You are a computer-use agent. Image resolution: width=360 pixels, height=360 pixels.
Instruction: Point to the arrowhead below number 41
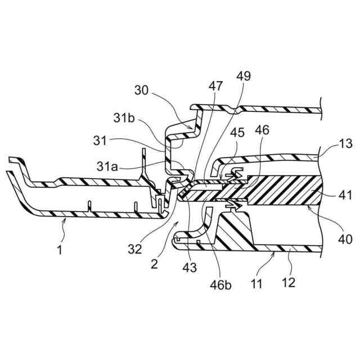[310, 209]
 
